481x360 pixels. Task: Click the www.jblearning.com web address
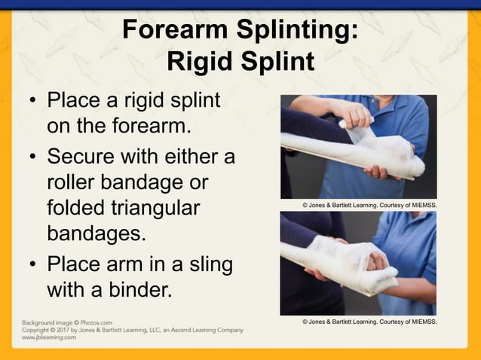click(48, 338)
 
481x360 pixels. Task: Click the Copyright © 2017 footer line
click(132, 330)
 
